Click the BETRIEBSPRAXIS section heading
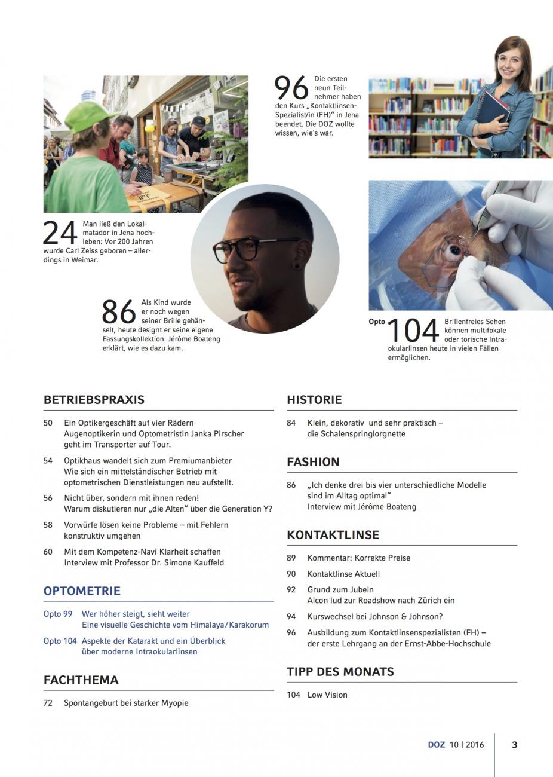94,400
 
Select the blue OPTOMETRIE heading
82,591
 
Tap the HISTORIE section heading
314,400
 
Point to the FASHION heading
313,462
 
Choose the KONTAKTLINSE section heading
333,535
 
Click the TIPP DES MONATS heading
340,672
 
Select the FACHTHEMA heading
81,680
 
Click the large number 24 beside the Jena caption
60,234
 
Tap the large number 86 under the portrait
119,311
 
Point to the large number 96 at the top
291,88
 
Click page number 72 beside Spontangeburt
48,703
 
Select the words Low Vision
327,695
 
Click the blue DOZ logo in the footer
437,745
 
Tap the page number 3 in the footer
515,745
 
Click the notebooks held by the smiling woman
494,114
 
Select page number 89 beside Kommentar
291,558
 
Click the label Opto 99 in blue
58,614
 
